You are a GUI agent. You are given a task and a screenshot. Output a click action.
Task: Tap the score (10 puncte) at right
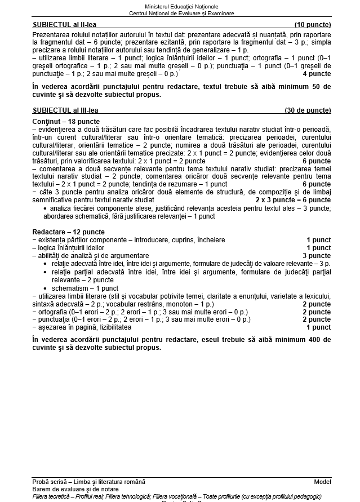[x=312, y=25]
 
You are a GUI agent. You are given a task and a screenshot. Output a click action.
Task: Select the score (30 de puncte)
[x=308, y=110]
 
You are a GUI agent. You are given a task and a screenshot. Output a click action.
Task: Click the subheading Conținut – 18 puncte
[x=66, y=122]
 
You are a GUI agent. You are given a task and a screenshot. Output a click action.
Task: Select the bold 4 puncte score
[x=317, y=74]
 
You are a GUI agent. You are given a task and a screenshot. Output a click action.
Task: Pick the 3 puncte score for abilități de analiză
[x=317, y=256]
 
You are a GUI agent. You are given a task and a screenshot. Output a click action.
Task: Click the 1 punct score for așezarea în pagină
[x=318, y=327]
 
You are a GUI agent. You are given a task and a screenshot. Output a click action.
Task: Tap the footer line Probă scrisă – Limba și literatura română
[x=88, y=482]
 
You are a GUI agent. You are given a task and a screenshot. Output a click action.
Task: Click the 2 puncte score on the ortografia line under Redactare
[x=317, y=312]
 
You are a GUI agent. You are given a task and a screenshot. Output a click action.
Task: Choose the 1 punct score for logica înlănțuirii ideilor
[x=318, y=248]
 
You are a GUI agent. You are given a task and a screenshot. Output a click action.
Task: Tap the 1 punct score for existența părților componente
[x=318, y=240]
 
